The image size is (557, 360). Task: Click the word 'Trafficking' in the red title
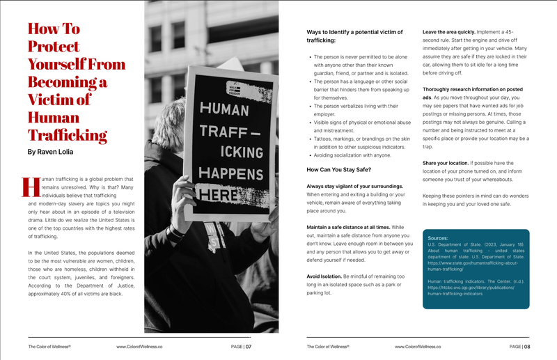coord(67,135)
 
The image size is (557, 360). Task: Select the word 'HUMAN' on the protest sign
coord(224,109)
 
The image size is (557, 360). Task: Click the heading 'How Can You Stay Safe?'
coord(340,170)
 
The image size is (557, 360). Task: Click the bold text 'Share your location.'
coord(446,163)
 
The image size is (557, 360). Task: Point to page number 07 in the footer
coord(248,346)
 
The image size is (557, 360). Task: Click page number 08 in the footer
coord(526,346)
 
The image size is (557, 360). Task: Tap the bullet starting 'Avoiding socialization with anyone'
coord(352,155)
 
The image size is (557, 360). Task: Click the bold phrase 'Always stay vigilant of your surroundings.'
coord(355,186)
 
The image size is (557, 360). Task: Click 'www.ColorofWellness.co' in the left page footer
coord(139,346)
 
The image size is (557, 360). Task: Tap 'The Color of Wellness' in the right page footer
coord(328,346)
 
